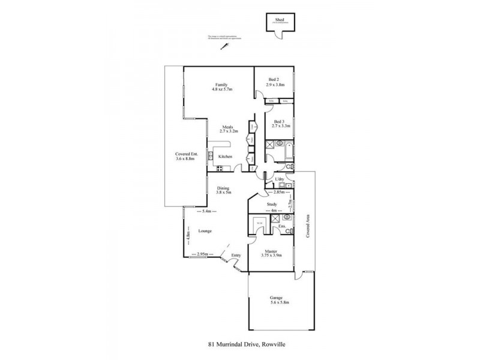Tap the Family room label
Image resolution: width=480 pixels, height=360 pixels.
point(222,85)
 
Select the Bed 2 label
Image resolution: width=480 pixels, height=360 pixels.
point(274,80)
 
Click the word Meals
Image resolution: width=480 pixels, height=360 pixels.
point(227,127)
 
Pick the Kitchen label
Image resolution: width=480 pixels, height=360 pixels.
point(225,157)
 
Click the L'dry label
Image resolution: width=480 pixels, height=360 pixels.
point(279,180)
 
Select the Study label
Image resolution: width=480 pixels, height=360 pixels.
point(273,204)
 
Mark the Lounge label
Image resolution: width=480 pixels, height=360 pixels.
point(206,230)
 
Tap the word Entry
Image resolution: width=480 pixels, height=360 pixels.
point(236,256)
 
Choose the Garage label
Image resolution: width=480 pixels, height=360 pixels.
point(277,298)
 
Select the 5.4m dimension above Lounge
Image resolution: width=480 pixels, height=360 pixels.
point(207,211)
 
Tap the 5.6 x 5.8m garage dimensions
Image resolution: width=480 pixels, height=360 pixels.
point(277,303)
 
